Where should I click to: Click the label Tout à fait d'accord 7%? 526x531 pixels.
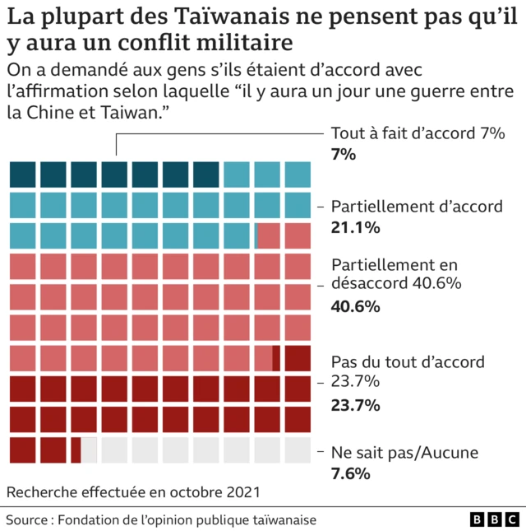(x=417, y=134)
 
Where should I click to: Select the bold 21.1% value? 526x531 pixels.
(x=355, y=228)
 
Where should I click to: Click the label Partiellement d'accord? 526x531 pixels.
(x=416, y=207)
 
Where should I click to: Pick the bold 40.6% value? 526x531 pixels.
(x=355, y=306)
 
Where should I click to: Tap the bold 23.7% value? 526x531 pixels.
(x=355, y=405)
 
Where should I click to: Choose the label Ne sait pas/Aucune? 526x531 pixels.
(x=404, y=452)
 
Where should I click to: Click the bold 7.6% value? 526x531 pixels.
(x=350, y=473)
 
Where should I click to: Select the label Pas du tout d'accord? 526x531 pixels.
(x=408, y=362)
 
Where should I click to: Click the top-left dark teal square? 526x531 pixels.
(x=23, y=175)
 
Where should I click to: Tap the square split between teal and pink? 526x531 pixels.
(x=267, y=235)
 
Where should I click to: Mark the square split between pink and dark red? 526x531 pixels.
(x=267, y=358)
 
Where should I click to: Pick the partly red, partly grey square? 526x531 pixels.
(x=84, y=449)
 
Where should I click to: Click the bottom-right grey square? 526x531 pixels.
(x=298, y=449)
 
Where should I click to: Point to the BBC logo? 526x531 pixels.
(x=494, y=520)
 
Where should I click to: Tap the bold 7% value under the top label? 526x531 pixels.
(x=343, y=154)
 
